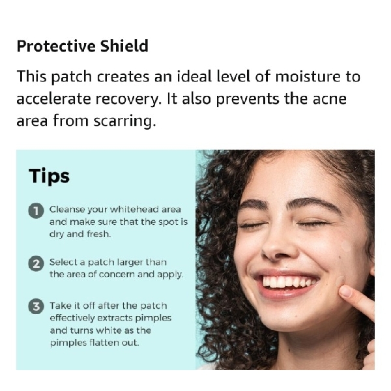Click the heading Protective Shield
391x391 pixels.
click(x=82, y=46)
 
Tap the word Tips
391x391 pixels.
click(x=49, y=176)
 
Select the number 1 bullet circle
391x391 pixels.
click(x=35, y=211)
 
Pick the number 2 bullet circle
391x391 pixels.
click(x=35, y=264)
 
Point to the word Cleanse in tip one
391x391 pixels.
click(x=68, y=210)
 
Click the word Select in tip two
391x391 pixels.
click(x=63, y=263)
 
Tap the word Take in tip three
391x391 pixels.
click(x=61, y=306)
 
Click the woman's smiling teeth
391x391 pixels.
click(x=289, y=282)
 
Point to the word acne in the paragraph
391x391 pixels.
click(x=328, y=99)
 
